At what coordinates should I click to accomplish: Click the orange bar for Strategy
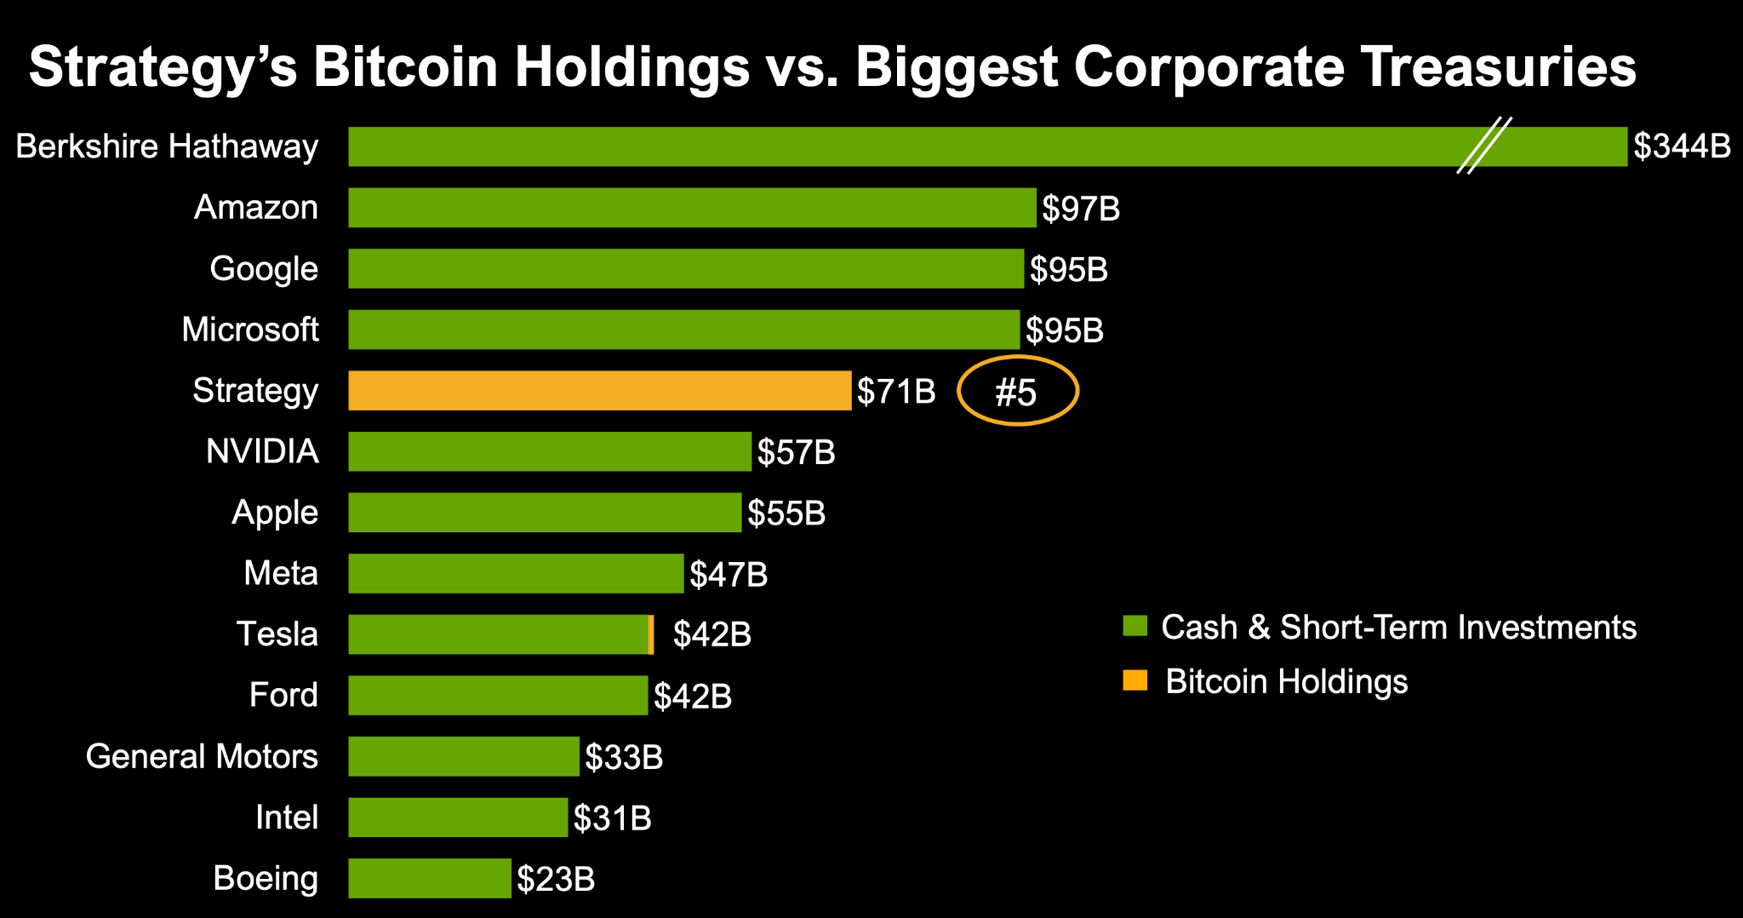[599, 391]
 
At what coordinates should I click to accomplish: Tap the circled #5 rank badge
[1017, 392]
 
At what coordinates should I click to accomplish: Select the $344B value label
[1682, 146]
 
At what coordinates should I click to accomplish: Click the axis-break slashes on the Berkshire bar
[1483, 146]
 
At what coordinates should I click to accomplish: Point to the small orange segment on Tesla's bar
[651, 634]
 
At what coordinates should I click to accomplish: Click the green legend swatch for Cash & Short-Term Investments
[1135, 626]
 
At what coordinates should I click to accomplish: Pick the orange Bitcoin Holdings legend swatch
[1135, 680]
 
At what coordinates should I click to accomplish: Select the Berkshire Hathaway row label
[167, 146]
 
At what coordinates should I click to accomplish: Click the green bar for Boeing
[430, 878]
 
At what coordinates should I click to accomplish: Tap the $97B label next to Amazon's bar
[1081, 209]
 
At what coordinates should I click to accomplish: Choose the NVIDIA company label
[262, 451]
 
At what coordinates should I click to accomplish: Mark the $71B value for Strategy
[896, 392]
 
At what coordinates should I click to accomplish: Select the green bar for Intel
[458, 818]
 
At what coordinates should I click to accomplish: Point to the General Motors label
[202, 756]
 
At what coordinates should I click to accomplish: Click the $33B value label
[624, 757]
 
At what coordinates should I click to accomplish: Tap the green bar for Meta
[516, 573]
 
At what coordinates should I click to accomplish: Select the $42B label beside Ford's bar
[693, 697]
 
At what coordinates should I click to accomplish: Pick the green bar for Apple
[545, 513]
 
